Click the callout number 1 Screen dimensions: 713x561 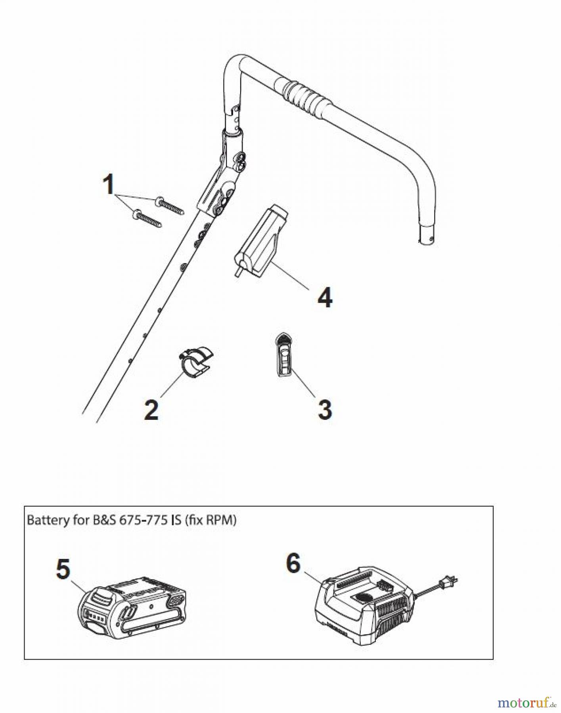[x=108, y=185]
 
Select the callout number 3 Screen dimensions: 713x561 [x=325, y=410]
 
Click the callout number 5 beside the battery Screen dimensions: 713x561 [x=63, y=569]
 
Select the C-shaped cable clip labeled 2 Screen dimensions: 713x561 [x=194, y=359]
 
